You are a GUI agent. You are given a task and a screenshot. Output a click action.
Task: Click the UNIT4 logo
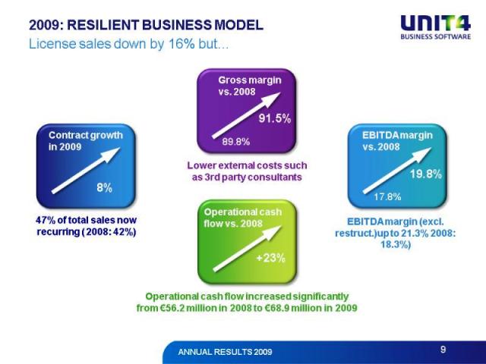(x=435, y=27)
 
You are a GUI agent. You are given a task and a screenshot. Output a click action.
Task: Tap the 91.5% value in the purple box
(x=274, y=118)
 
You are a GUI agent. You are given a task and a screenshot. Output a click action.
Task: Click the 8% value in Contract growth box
(x=104, y=187)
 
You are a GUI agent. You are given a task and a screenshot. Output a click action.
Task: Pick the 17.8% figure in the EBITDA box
(x=387, y=197)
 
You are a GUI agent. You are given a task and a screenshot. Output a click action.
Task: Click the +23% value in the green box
(x=270, y=258)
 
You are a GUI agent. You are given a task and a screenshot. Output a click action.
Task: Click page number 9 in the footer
(x=443, y=350)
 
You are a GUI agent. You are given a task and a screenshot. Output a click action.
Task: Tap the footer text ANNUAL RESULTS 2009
(x=224, y=353)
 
